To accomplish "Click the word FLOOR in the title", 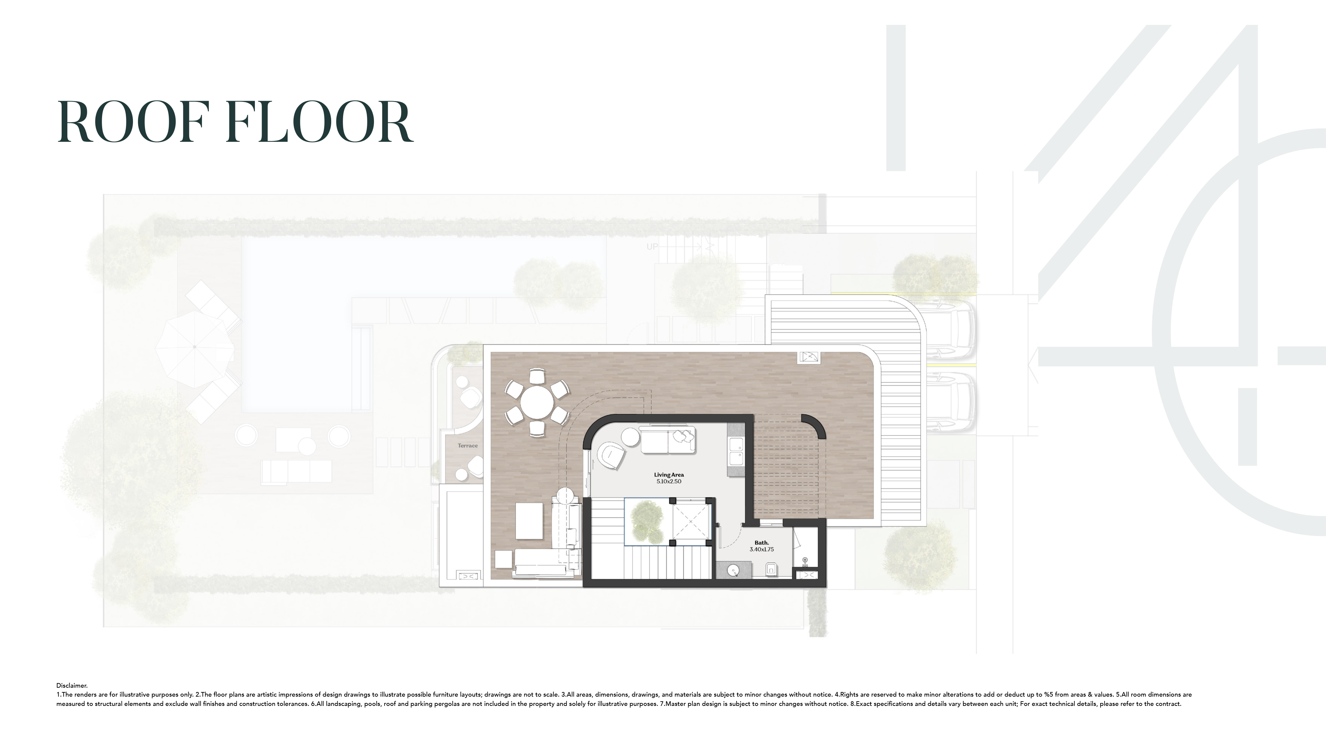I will pos(320,123).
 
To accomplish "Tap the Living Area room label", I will pos(669,475).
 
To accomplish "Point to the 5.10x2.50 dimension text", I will pos(669,482).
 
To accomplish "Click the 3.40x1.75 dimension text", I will pos(761,550).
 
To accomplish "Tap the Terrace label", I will pos(467,446).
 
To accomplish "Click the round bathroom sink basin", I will pos(733,569).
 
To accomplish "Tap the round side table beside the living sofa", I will pos(631,437).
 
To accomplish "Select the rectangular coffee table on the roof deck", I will pos(529,521).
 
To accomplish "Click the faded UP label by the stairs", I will pos(652,247).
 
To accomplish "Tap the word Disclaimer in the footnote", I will pos(72,685).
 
